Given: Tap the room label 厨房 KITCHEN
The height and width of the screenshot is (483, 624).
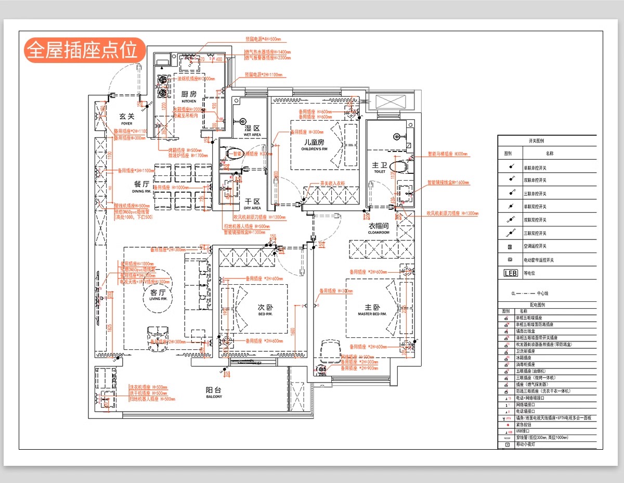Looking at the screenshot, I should coord(189,96).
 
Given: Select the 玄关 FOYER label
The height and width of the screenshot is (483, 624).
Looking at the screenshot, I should coord(126,119).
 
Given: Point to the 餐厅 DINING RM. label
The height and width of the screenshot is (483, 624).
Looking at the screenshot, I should coord(141,186).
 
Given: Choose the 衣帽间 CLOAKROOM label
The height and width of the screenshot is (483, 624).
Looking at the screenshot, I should coord(379,228).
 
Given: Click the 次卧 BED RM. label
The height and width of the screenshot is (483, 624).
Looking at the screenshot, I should coord(265,310).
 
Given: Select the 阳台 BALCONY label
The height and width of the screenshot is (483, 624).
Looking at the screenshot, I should coord(213,392).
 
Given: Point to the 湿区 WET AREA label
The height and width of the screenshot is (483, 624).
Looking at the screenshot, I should coord(252,131).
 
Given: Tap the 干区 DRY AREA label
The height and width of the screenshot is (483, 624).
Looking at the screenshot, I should coord(252,204).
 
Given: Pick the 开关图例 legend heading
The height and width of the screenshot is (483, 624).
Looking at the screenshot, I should coord(547,141).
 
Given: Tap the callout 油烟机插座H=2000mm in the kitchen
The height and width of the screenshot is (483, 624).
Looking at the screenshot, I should coord(196,79).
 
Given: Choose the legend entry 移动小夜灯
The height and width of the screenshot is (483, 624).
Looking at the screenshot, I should coord(526,444).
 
